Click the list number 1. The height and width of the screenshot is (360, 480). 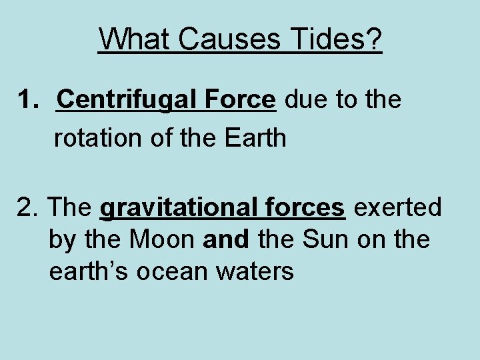click(27, 100)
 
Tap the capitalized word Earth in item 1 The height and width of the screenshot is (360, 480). click(255, 138)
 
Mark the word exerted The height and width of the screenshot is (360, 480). click(397, 207)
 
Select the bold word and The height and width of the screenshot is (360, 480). click(225, 239)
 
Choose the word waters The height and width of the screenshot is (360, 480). click(257, 271)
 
